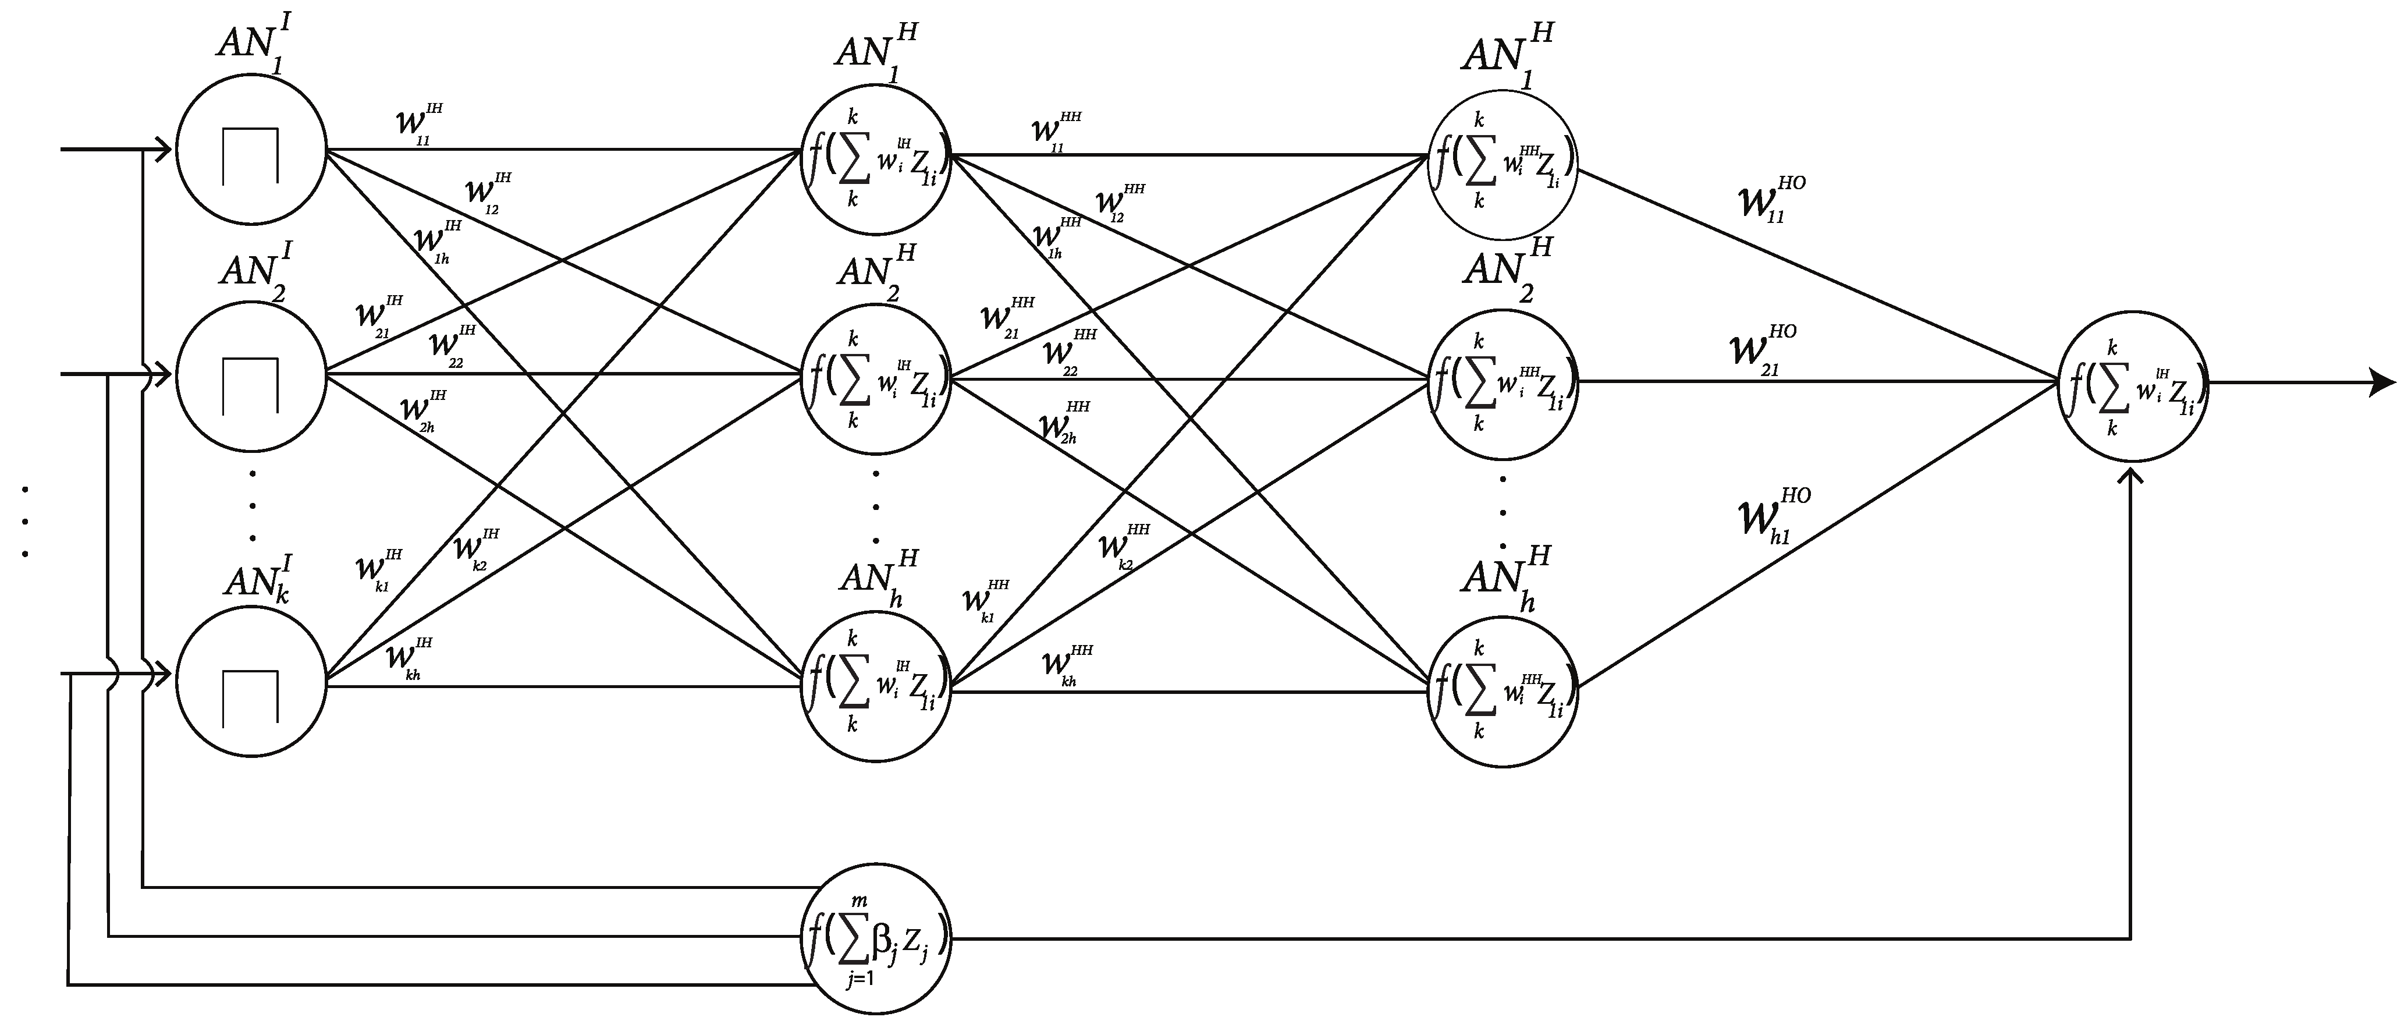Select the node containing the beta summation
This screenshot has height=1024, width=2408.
[876, 938]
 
